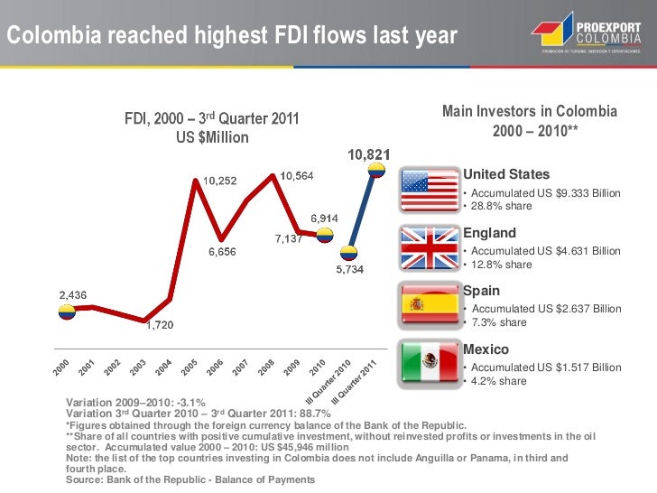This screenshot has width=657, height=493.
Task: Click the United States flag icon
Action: tap(428, 190)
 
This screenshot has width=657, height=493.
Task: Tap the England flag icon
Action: tap(428, 246)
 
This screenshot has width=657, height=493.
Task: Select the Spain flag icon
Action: tap(428, 304)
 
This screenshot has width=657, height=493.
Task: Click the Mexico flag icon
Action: tap(428, 363)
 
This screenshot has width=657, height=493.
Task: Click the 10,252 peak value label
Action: tap(219, 181)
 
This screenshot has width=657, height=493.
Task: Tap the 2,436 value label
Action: tap(73, 294)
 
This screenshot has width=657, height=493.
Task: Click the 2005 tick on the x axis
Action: tap(190, 367)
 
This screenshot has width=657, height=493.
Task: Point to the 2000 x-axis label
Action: tap(60, 367)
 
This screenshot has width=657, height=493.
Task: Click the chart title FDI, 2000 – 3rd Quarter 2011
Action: tap(212, 119)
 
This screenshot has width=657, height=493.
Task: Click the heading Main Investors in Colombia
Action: tap(530, 111)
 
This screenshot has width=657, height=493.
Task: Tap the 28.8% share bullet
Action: tap(496, 207)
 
